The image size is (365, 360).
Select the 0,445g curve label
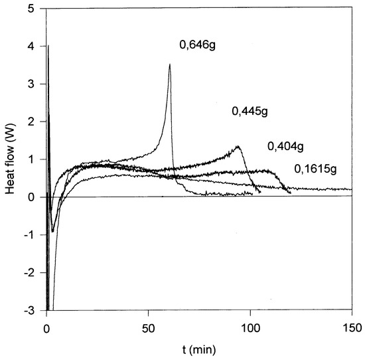coord(249,111)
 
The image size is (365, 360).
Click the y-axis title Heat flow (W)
coord(11,160)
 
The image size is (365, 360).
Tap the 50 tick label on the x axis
coord(148,327)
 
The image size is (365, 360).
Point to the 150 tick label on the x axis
coord(351,327)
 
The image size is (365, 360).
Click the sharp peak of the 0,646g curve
coord(170,64)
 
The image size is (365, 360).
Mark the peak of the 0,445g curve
coord(237,146)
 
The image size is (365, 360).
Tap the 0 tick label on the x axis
coord(46,327)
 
